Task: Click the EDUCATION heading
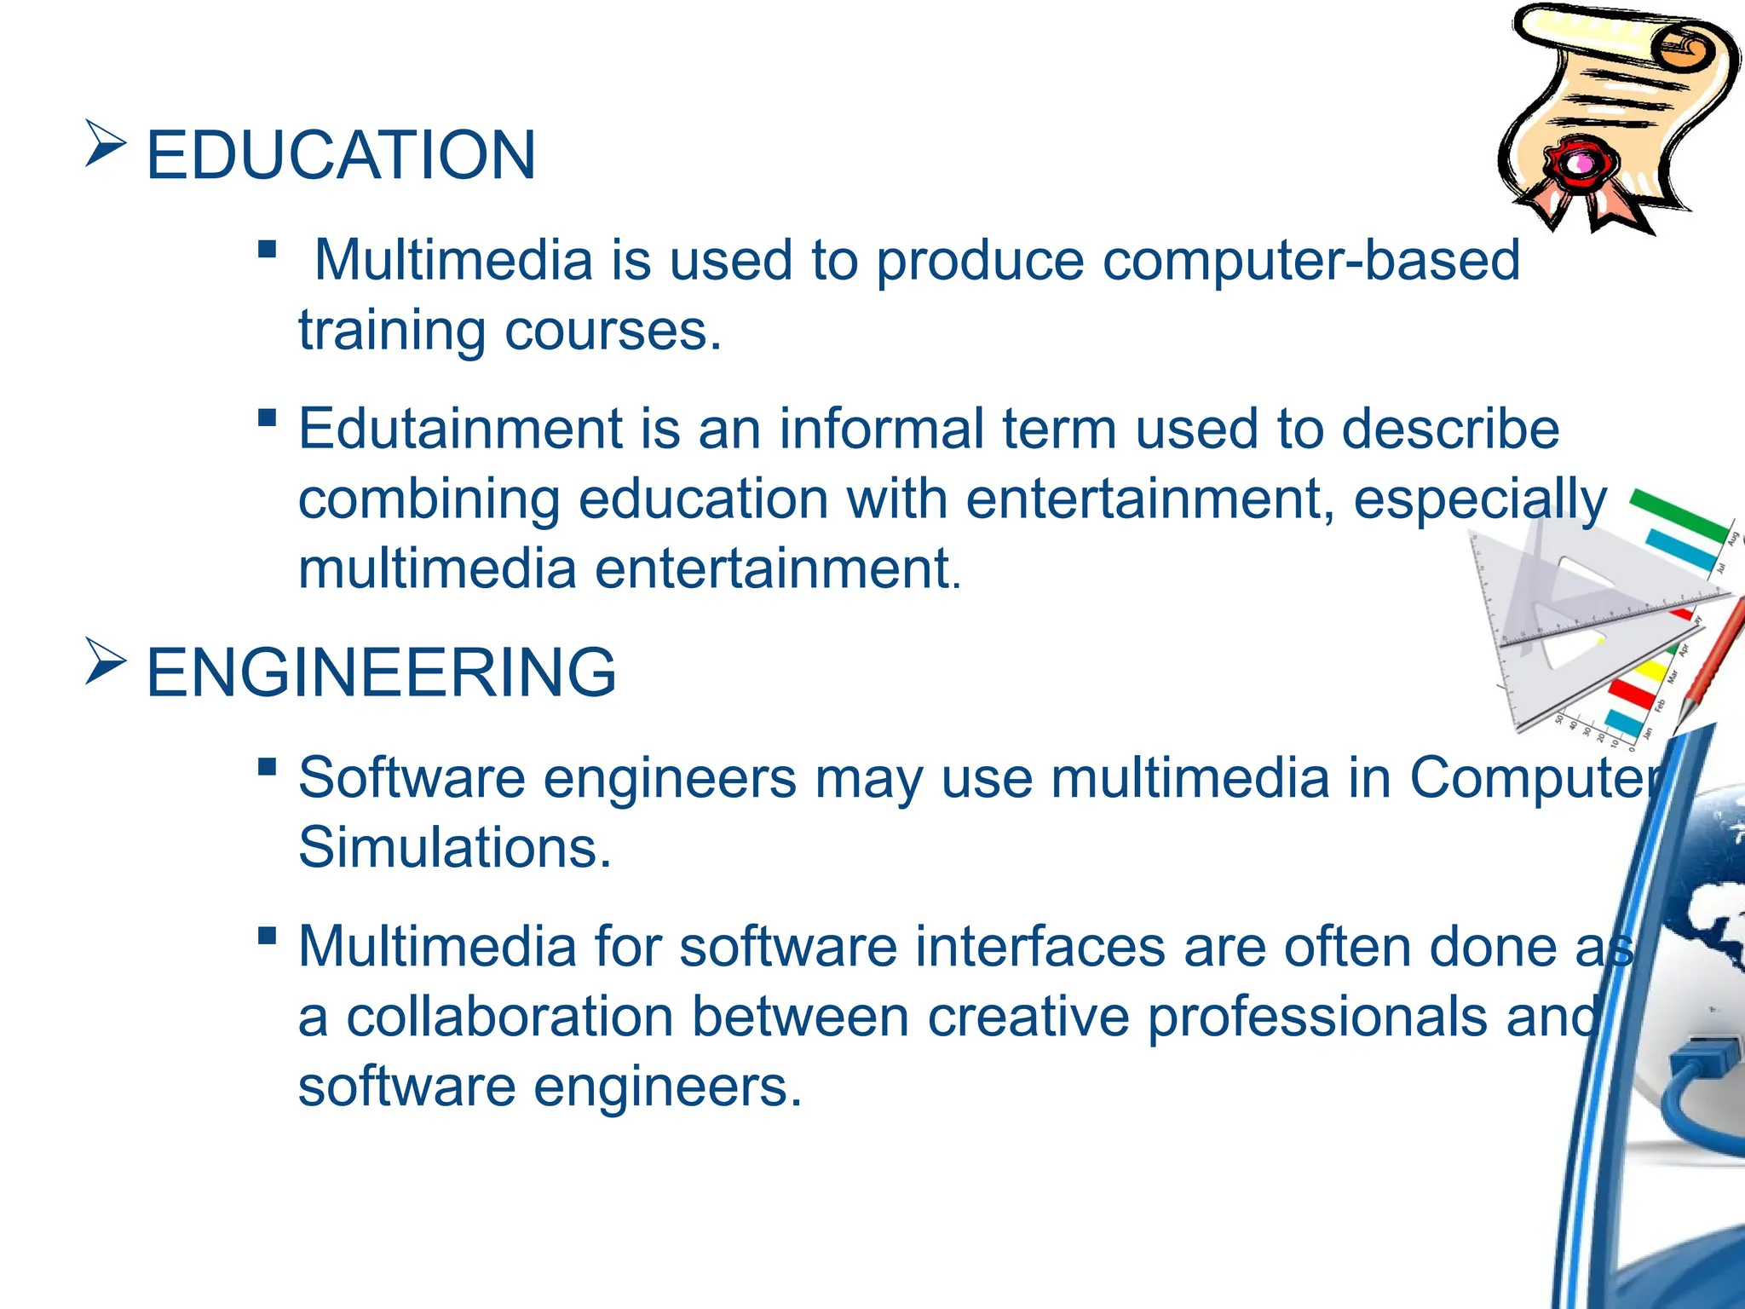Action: pyautogui.click(x=341, y=155)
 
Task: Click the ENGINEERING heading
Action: pyautogui.click(x=381, y=672)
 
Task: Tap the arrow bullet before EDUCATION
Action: pyautogui.click(x=106, y=143)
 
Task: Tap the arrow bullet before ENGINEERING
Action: pyautogui.click(x=106, y=661)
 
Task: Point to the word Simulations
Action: pyautogui.click(x=454, y=847)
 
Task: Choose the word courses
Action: pyautogui.click(x=613, y=331)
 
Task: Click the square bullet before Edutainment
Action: pyautogui.click(x=267, y=418)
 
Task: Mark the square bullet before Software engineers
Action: pyautogui.click(x=267, y=767)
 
